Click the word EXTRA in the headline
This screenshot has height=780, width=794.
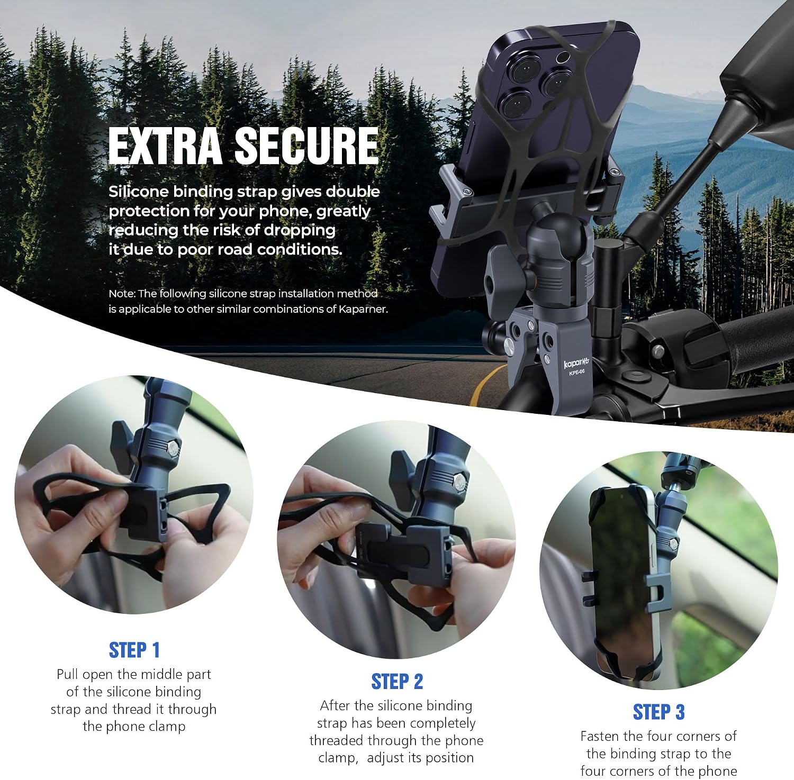coord(165,146)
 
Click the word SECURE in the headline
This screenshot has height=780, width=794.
coord(307,146)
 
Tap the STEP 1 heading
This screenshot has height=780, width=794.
coord(134,650)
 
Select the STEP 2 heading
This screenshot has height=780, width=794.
coord(397,682)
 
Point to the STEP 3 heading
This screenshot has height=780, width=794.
coord(658,712)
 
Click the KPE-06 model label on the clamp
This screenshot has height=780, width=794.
coord(577,373)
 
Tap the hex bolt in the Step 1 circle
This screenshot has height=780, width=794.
coord(173,449)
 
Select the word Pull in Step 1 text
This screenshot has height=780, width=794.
coord(68,675)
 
